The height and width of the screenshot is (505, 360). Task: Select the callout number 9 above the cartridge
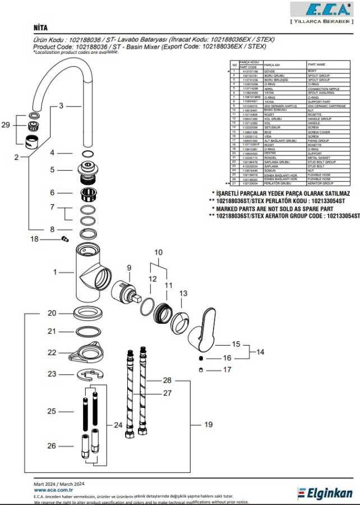point(128,268)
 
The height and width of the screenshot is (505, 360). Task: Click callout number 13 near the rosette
point(183,293)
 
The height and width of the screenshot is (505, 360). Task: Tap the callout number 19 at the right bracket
point(208,425)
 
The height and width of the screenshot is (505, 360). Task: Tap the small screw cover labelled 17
point(201,369)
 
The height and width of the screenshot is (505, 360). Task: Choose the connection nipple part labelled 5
point(87,169)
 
